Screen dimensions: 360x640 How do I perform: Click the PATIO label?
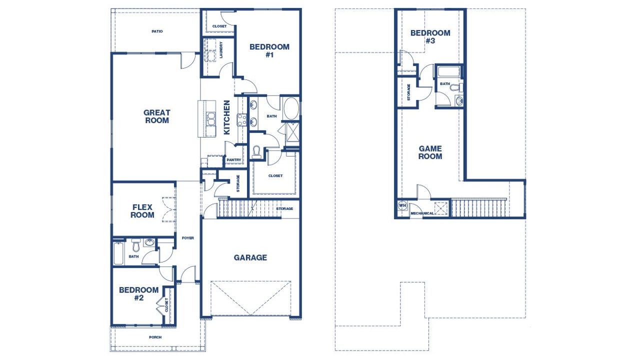157,31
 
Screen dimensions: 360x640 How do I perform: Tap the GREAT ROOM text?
157,116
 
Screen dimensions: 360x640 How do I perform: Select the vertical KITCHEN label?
227,117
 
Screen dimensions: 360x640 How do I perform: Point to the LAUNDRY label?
221,50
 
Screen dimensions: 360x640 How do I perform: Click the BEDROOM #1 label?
269,50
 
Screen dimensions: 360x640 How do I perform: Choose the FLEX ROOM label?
142,211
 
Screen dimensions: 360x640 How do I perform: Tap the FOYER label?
188,238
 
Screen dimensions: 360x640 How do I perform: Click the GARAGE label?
250,257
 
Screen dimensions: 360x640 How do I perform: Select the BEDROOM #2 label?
138,293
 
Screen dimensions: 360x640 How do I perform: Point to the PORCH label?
155,337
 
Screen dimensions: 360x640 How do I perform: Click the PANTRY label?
233,160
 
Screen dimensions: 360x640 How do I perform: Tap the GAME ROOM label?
430,152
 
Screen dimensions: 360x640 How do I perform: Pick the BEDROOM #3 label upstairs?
430,37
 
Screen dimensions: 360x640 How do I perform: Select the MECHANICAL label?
422,213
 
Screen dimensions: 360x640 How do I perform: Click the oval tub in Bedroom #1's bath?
290,107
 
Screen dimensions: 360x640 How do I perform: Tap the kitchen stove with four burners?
242,120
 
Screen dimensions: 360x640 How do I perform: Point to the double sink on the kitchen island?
211,119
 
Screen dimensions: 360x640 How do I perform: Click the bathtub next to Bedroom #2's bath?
118,253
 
